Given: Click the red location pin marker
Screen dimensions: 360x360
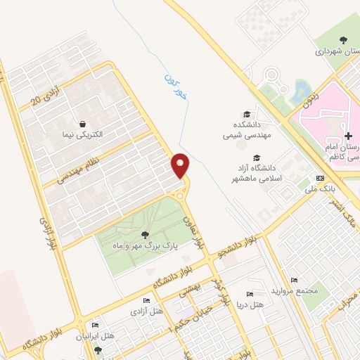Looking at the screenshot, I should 181,166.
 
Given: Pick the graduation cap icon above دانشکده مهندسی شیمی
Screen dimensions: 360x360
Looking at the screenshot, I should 246,115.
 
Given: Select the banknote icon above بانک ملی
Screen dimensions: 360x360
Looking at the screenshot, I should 320,178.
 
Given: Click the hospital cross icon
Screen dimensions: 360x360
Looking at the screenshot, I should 347,135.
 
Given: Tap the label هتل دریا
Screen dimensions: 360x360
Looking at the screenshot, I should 250,304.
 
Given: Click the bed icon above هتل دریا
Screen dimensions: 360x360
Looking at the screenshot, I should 250,293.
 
